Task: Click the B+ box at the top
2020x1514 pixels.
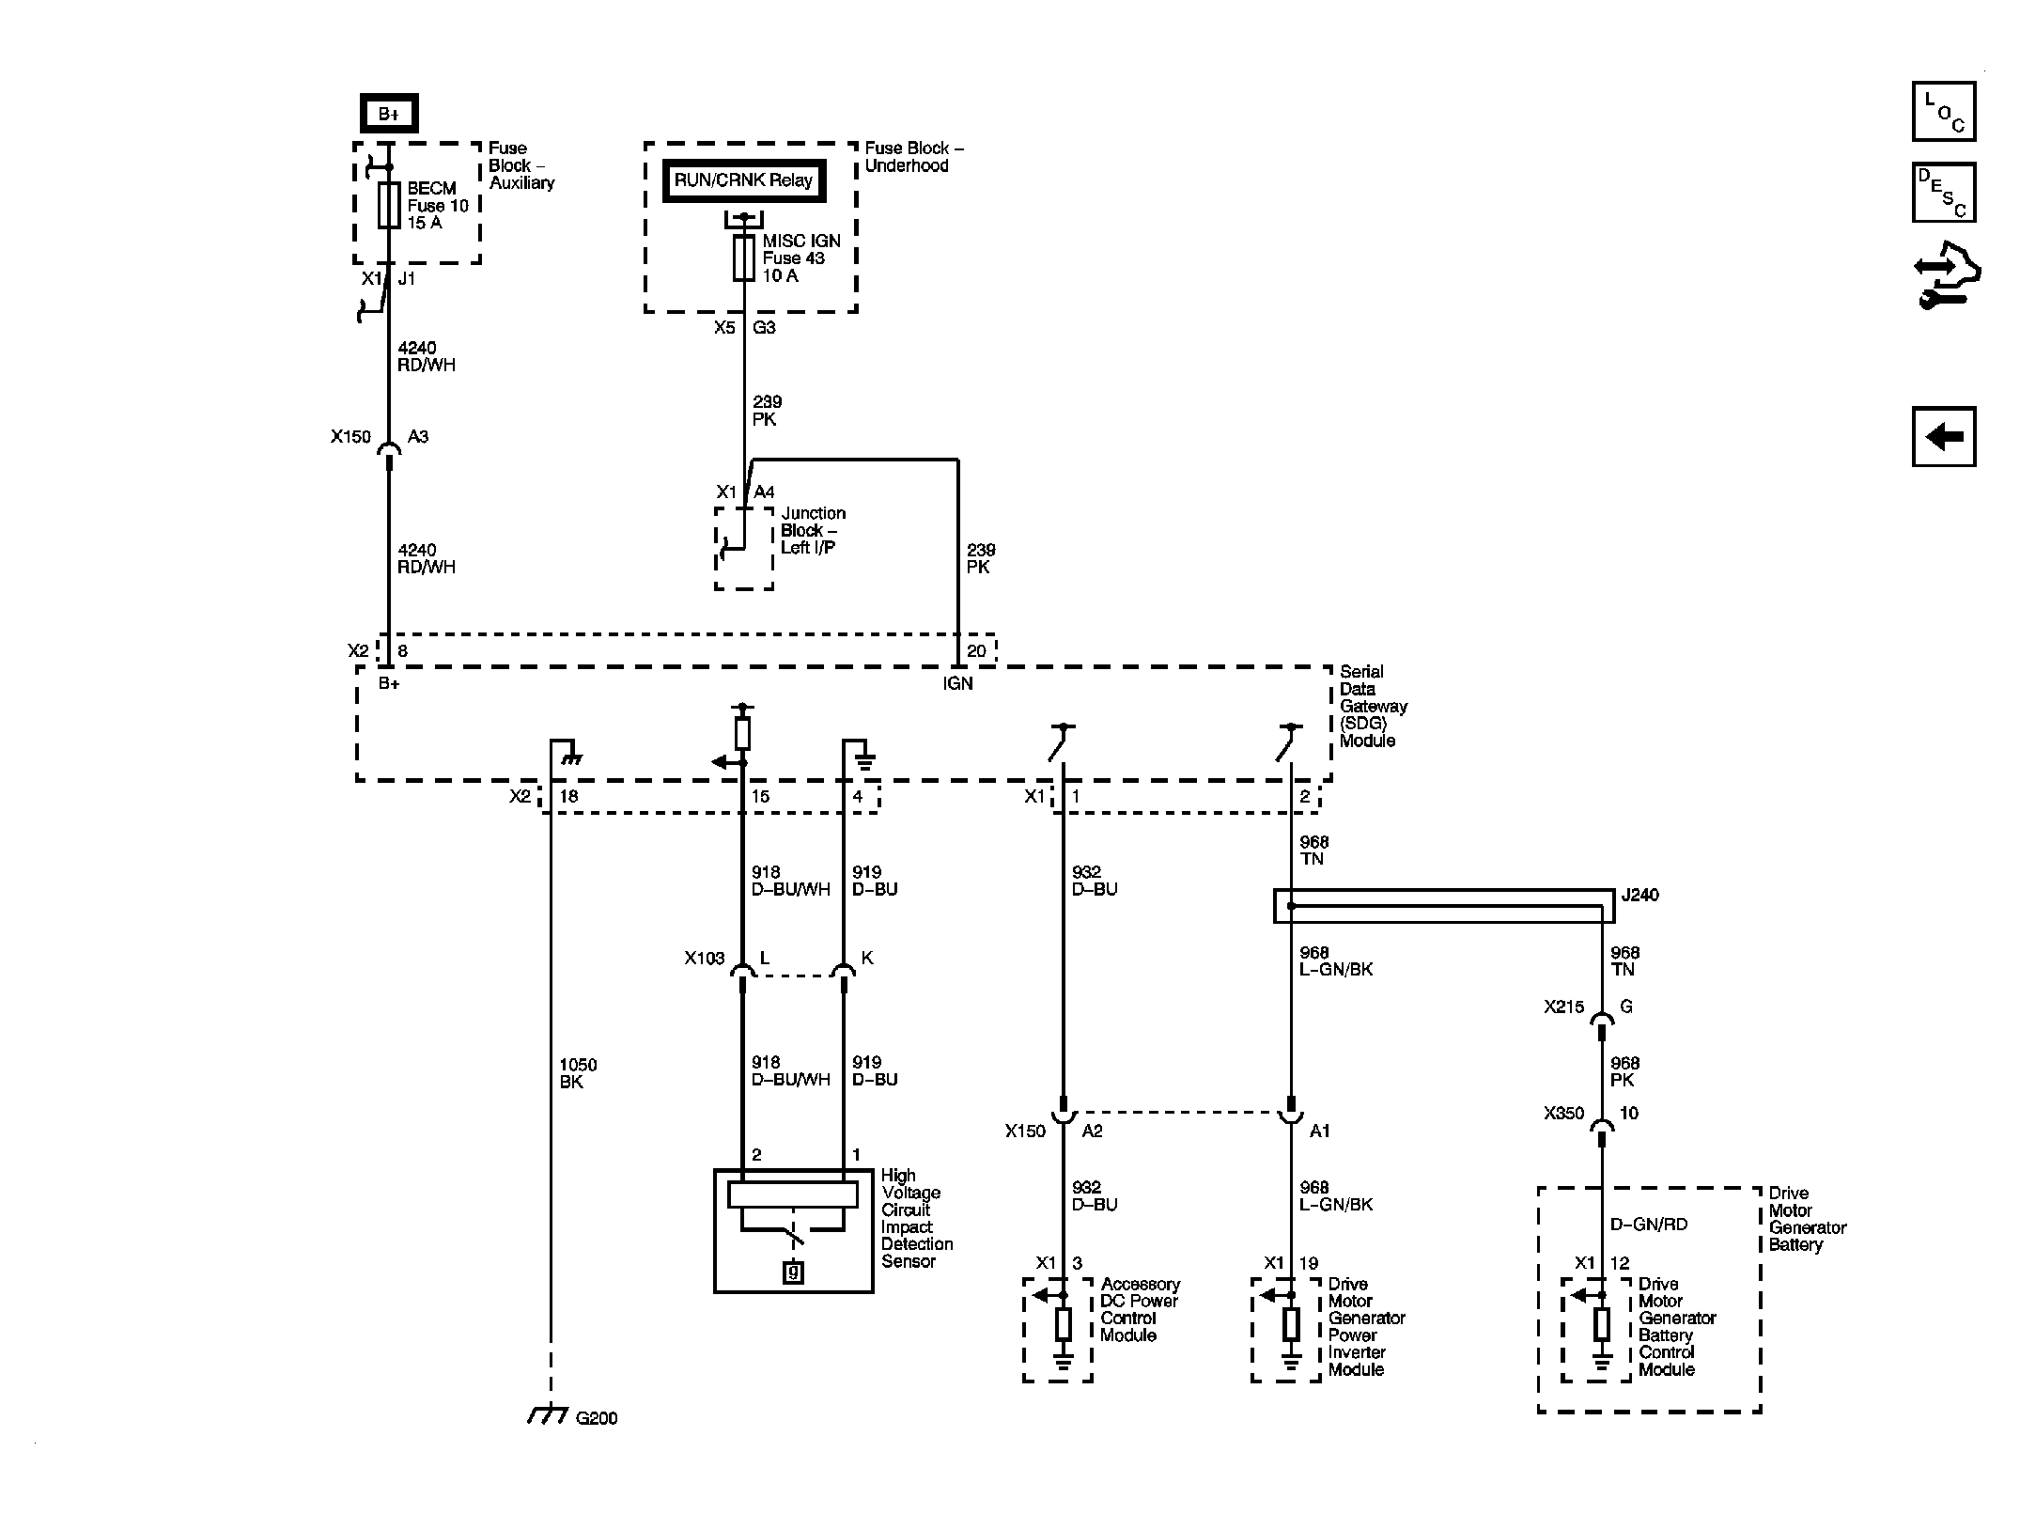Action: click(389, 114)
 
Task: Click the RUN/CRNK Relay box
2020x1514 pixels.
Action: click(743, 180)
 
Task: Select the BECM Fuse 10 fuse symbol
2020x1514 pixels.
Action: click(389, 205)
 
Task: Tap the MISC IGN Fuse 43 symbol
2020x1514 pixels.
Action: click(743, 258)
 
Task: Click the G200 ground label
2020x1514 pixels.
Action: click(596, 1417)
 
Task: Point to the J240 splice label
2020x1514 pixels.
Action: click(1639, 895)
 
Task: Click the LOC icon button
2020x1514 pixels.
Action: click(1944, 112)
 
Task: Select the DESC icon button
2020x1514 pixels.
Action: click(1944, 193)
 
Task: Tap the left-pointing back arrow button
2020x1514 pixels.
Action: click(1944, 436)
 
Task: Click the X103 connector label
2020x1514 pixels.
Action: click(705, 958)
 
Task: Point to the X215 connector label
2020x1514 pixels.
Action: click(1563, 1007)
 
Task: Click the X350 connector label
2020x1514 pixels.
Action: click(1563, 1113)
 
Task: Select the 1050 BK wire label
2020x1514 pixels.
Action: click(578, 1073)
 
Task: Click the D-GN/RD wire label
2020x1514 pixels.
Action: click(1649, 1224)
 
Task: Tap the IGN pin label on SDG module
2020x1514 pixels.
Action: click(957, 683)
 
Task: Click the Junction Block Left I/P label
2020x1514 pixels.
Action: click(813, 530)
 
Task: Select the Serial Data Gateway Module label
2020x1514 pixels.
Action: click(1373, 706)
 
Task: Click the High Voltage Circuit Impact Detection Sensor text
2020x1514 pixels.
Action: click(916, 1218)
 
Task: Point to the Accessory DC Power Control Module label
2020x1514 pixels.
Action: click(1140, 1309)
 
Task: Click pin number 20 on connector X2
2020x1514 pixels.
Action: click(976, 650)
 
